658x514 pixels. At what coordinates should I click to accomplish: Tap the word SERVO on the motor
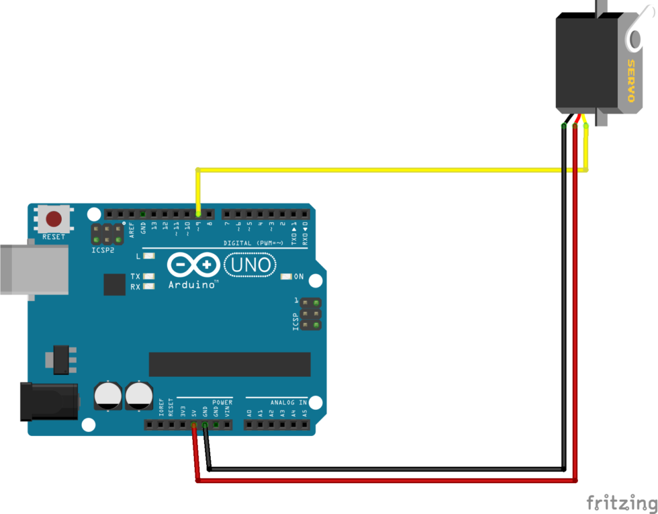pyautogui.click(x=630, y=81)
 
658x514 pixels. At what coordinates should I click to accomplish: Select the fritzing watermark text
pyautogui.click(x=620, y=503)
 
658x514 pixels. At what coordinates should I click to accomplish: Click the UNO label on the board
pyautogui.click(x=250, y=265)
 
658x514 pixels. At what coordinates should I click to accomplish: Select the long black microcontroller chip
pyautogui.click(x=230, y=364)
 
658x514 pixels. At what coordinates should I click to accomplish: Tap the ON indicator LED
pyautogui.click(x=286, y=276)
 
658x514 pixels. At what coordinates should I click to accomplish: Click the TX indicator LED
pyautogui.click(x=149, y=276)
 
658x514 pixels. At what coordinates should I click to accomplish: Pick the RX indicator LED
pyautogui.click(x=149, y=286)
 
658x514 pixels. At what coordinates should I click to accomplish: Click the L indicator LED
pyautogui.click(x=149, y=256)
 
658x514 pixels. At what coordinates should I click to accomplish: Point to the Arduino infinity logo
pyautogui.click(x=194, y=265)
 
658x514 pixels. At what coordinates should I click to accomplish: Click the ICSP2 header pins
pyautogui.click(x=107, y=234)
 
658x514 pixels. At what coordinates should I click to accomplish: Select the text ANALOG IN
pyautogui.click(x=289, y=402)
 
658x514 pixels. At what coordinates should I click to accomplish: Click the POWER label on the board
pyautogui.click(x=222, y=402)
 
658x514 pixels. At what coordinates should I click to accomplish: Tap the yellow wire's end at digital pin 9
pyautogui.click(x=197, y=214)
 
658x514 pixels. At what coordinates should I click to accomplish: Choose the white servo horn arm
pyautogui.click(x=634, y=37)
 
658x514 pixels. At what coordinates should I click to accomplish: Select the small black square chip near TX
pyautogui.click(x=115, y=284)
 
